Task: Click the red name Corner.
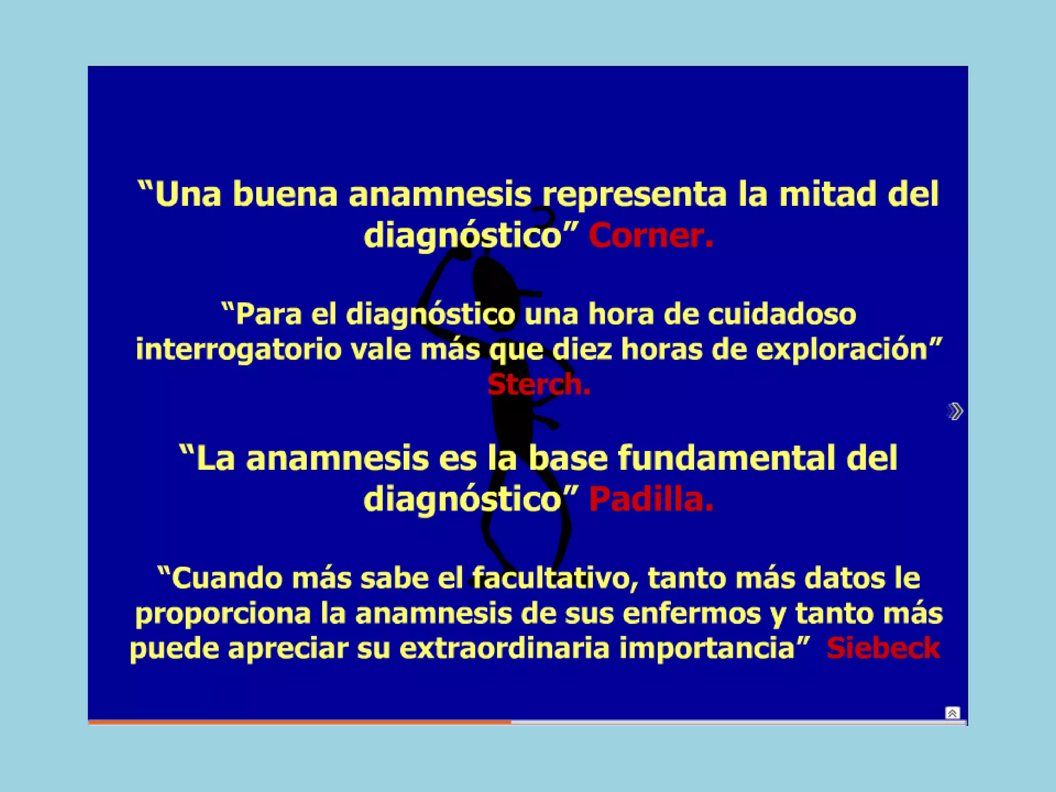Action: tap(651, 236)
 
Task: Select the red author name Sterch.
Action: tap(538, 385)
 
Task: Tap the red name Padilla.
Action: tap(651, 500)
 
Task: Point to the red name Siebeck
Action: tap(883, 648)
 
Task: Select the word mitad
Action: tap(827, 194)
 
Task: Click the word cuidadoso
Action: tap(782, 314)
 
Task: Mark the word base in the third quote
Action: tap(568, 458)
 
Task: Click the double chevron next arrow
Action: tap(955, 411)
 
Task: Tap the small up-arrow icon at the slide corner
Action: tap(952, 713)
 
